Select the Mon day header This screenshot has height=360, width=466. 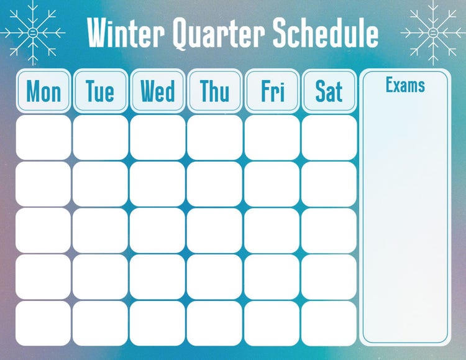43,91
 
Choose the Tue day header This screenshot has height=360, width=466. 101,91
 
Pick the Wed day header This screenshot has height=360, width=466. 158,91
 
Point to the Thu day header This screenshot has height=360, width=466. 215,91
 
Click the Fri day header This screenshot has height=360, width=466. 272,91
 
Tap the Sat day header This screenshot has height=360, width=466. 329,91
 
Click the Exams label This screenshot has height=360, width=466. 405,85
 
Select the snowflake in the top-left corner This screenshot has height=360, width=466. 32,32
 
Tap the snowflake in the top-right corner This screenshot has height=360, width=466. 433,32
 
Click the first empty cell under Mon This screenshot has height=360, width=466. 43,137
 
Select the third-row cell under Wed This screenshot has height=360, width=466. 158,230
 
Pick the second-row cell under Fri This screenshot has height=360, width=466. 272,184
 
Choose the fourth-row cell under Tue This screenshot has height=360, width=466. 101,277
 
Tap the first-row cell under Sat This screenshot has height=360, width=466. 329,137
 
